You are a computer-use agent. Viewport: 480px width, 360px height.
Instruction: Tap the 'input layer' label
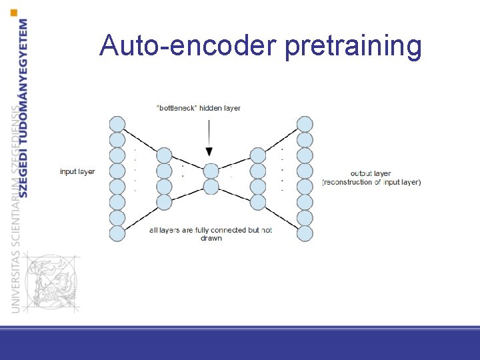tap(77, 171)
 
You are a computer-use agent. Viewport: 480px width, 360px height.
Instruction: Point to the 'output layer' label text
tap(371, 173)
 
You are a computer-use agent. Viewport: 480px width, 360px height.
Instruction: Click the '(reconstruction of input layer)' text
tap(371, 182)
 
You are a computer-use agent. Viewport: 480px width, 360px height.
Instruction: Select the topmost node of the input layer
tap(117, 124)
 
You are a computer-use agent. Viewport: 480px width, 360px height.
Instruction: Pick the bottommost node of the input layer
tap(117, 233)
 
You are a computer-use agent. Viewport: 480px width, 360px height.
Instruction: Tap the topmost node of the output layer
tap(305, 124)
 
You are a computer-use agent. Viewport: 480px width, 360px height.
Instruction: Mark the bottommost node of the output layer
tap(305, 233)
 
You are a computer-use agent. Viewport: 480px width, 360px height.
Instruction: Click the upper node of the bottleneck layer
tap(211, 171)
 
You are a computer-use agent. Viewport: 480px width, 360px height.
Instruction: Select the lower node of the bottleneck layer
tap(211, 187)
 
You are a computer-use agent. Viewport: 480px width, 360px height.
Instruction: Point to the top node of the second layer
tap(164, 155)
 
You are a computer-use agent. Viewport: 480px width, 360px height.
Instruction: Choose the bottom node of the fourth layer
tap(258, 202)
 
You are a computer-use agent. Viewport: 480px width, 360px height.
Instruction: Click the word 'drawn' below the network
tap(211, 238)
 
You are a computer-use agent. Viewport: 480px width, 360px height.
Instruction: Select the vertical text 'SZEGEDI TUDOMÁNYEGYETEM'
tap(24, 107)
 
